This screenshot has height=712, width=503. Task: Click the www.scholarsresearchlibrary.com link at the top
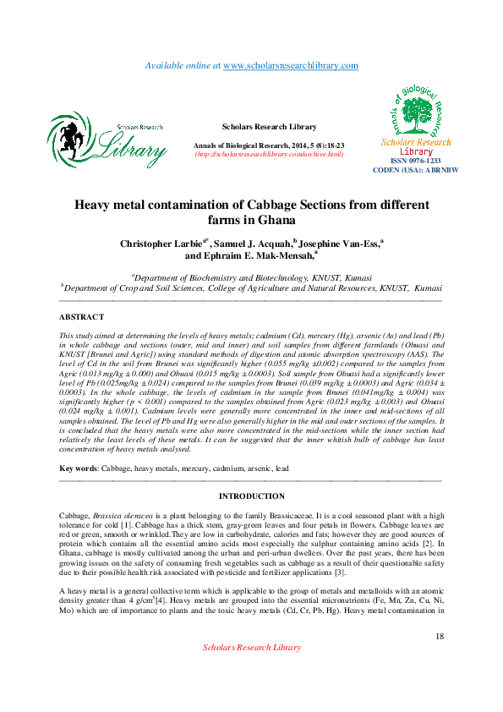point(290,65)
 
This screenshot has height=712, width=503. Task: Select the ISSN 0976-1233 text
point(415,161)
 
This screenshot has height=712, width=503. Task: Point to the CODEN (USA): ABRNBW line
point(415,170)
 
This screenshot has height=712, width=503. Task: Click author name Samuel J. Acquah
point(252,244)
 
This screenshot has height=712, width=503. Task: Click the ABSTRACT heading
point(81,316)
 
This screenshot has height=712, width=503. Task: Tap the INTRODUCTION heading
point(252,496)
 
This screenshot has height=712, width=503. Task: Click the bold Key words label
point(78,468)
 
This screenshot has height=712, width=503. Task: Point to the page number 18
point(439,636)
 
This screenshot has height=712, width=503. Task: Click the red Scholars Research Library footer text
point(252,648)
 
